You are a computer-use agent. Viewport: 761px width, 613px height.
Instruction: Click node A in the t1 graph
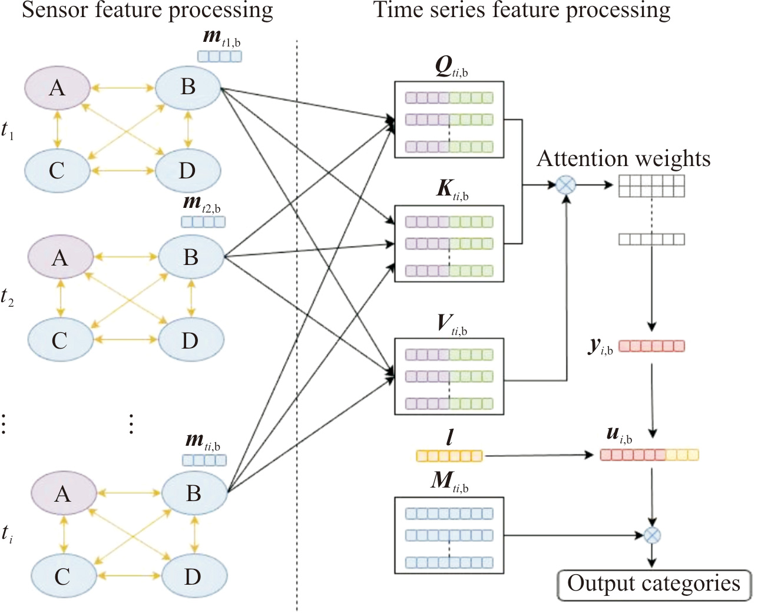[57, 88]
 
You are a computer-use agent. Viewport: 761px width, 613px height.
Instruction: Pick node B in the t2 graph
[191, 257]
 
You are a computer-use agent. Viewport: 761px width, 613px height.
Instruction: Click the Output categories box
[654, 585]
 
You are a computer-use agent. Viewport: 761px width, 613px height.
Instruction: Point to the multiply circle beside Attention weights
[566, 185]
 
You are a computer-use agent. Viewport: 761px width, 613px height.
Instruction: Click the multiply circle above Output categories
[652, 535]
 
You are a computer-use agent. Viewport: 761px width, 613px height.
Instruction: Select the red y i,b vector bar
[651, 346]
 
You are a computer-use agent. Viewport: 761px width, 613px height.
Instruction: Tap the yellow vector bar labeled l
[449, 456]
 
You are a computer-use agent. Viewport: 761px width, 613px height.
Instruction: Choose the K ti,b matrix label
[452, 190]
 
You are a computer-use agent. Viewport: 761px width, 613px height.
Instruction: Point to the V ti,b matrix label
[452, 324]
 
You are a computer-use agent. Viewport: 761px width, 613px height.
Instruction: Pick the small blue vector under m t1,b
[219, 57]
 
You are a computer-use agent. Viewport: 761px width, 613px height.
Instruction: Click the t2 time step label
[7, 297]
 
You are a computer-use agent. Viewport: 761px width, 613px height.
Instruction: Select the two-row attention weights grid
[651, 186]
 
